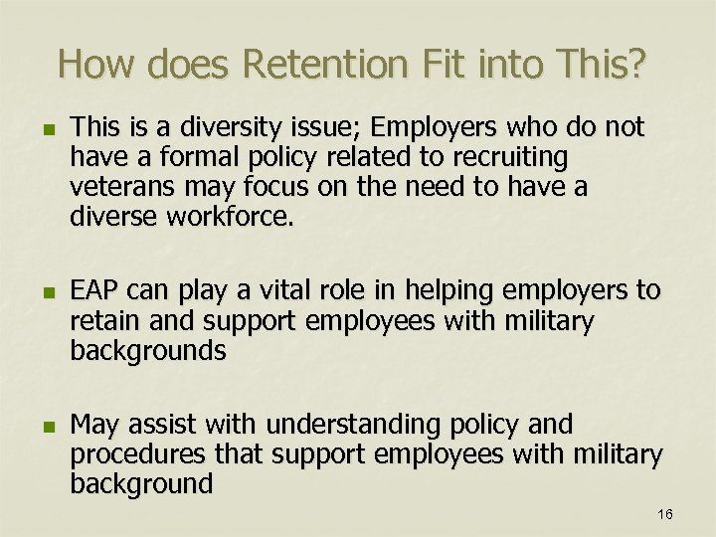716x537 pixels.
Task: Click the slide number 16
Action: click(x=665, y=514)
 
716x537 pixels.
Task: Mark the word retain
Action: click(x=103, y=321)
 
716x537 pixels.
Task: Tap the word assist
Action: click(x=165, y=425)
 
